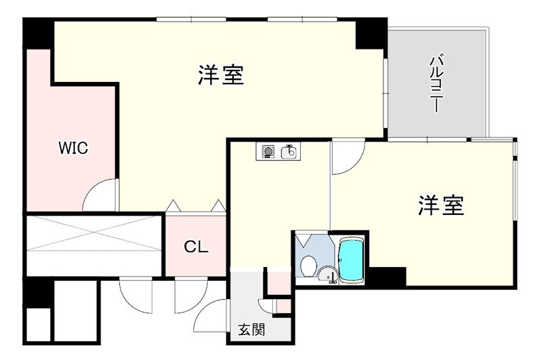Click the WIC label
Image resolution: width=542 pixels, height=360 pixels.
point(73,148)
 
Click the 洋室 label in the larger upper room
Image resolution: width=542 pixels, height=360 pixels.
point(221,75)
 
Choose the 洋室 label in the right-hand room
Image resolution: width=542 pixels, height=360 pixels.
point(441,205)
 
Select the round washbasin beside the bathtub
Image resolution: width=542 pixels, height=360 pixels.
point(327,275)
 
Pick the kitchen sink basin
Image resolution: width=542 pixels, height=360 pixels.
point(289,151)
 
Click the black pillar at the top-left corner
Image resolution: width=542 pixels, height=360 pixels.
point(38,33)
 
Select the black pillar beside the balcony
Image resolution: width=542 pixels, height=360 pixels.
point(371,33)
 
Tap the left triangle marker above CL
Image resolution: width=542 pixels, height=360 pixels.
point(172,204)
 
